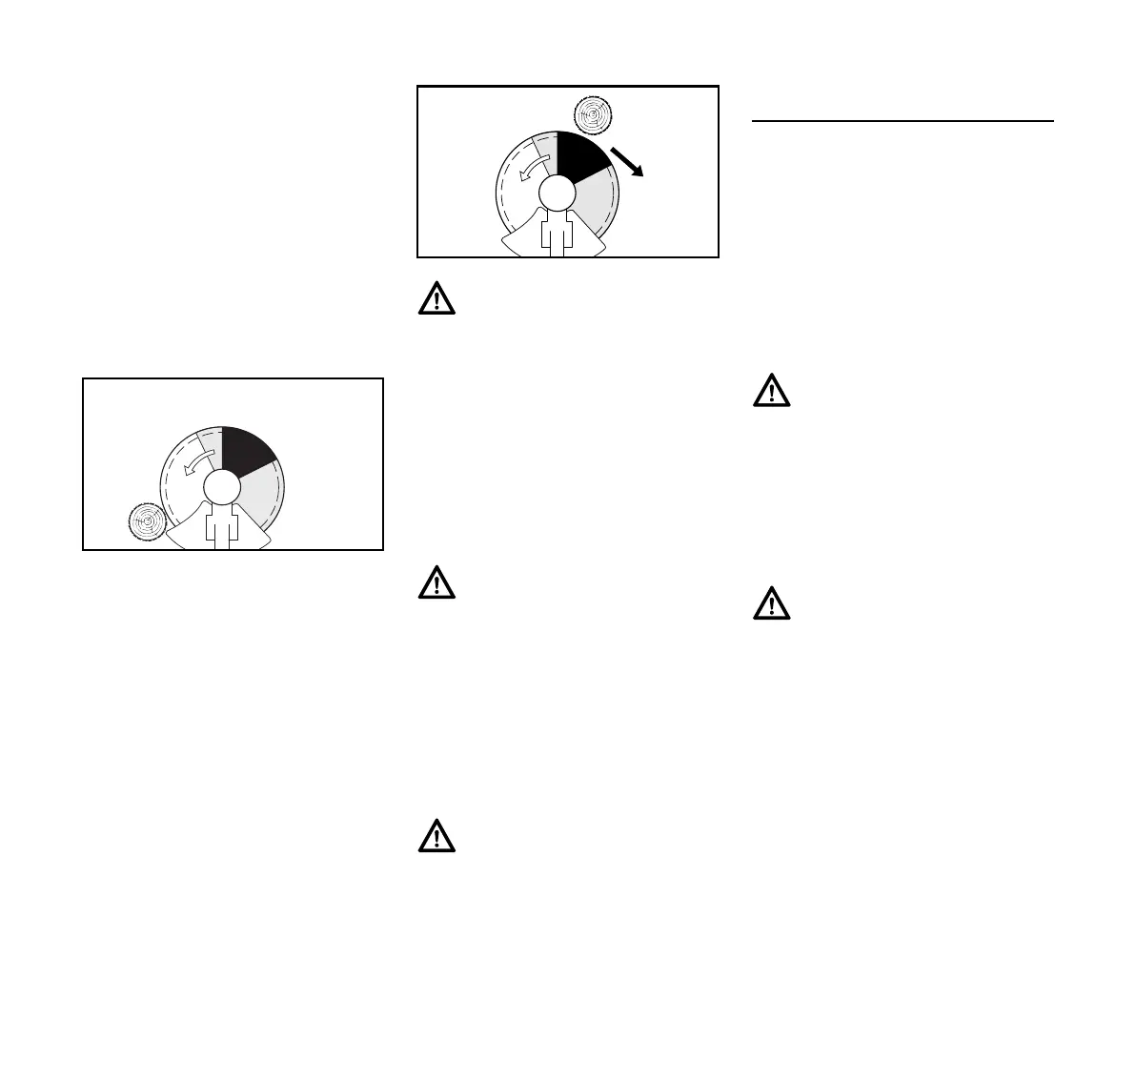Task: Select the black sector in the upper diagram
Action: tap(578, 155)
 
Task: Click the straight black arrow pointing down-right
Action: tap(628, 162)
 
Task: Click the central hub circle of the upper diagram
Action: tap(557, 193)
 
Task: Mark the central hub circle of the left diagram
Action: tap(221, 487)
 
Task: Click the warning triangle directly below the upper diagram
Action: tap(436, 299)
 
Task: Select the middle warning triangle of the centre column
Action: tap(436, 582)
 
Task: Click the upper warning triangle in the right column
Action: tap(772, 391)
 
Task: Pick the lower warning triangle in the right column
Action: tap(772, 603)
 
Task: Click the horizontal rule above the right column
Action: tap(903, 121)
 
